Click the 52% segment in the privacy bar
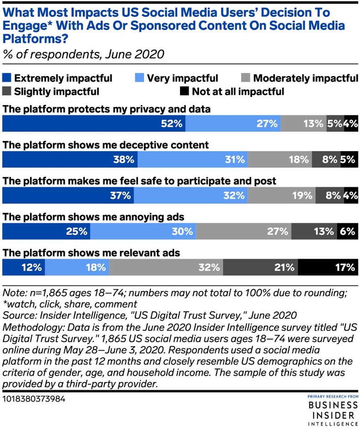(94, 124)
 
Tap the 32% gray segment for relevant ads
(166, 267)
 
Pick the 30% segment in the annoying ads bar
(143, 231)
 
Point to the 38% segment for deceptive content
(70, 159)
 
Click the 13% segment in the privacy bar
(303, 124)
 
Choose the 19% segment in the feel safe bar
(282, 195)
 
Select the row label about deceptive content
(106, 145)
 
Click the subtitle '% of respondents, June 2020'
(83, 55)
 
